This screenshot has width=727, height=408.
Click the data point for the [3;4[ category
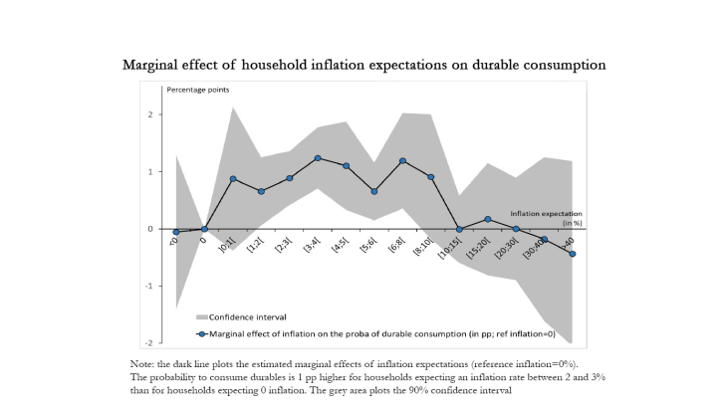318,158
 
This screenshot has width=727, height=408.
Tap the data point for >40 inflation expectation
573,254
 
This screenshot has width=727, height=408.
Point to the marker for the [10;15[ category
459,229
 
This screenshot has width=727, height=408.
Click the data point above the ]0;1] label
233,179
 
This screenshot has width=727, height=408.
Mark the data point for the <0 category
176,232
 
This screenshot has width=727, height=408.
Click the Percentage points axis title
196,91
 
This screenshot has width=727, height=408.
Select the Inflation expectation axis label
546,213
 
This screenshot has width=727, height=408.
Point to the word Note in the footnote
142,365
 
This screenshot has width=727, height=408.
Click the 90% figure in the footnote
454,389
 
